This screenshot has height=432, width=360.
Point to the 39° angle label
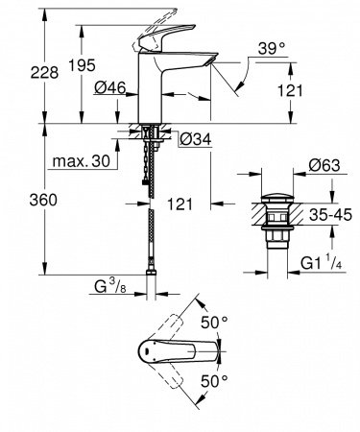pos(272,49)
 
